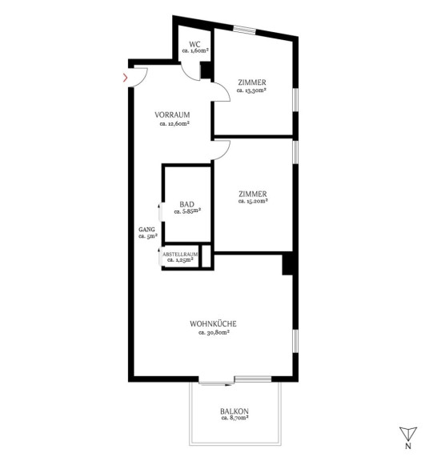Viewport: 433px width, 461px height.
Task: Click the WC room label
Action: pos(194,44)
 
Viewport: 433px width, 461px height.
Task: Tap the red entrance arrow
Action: pos(126,78)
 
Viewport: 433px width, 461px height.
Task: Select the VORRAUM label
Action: pos(172,114)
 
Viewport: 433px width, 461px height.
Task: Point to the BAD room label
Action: pos(187,204)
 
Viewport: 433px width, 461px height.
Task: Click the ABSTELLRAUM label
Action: pos(180,255)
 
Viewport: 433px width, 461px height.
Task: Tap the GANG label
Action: pos(146,230)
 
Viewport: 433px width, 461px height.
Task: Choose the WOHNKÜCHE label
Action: pos(213,323)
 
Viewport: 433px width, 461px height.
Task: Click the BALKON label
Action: pos(235,411)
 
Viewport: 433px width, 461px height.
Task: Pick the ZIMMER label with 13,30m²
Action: pos(252,82)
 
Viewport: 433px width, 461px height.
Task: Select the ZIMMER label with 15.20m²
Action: pos(253,194)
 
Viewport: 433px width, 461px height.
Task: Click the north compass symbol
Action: pos(408,434)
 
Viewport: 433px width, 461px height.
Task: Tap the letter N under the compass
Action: pos(408,446)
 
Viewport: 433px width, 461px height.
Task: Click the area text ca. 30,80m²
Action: pos(214,332)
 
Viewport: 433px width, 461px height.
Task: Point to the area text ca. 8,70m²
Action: pos(235,418)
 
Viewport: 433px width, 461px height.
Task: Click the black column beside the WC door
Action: pos(206,70)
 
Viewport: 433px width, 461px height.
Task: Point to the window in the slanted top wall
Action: pos(245,30)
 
